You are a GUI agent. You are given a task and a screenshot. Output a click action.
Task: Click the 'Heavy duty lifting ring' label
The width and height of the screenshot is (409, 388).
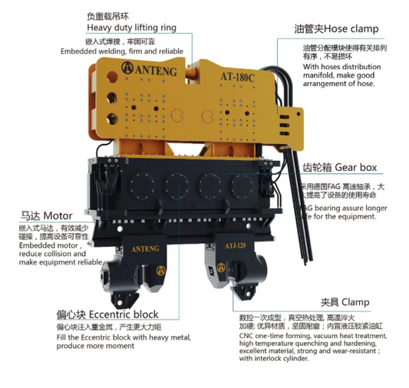coord(131,28)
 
